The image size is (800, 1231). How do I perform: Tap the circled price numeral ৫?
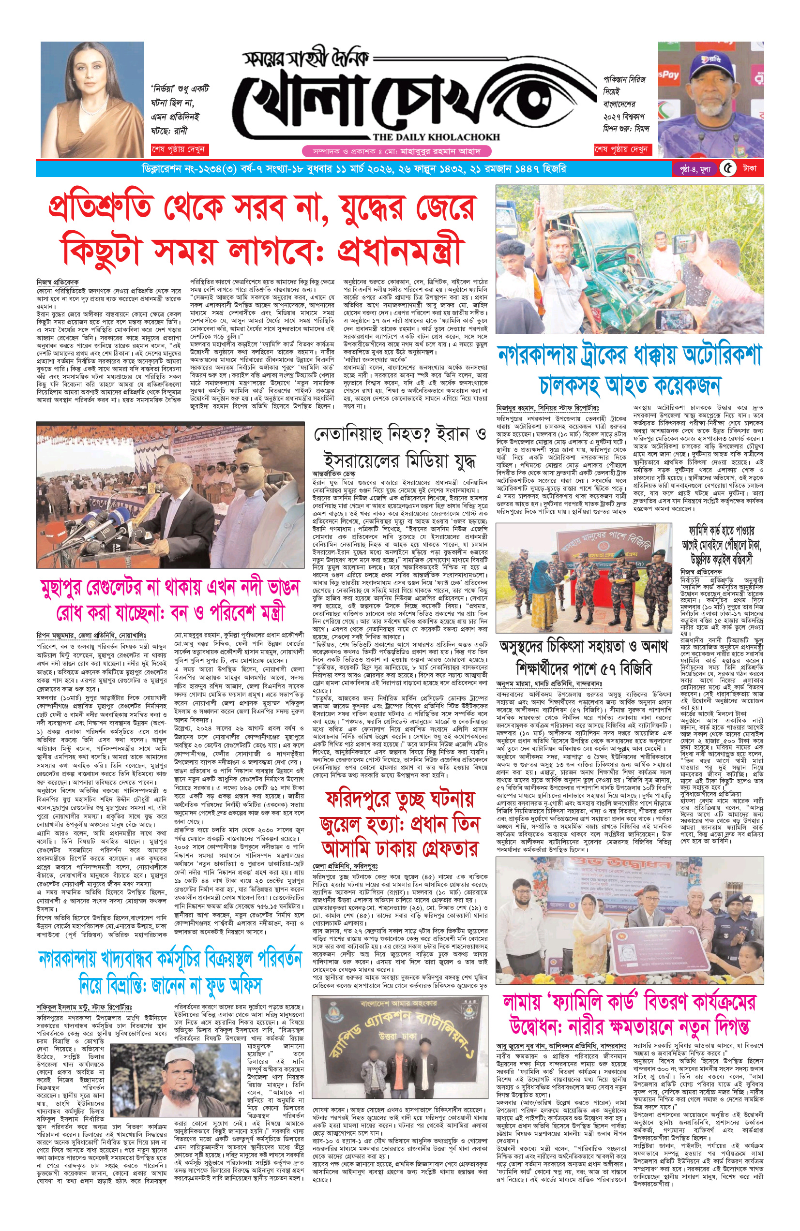pos(728,169)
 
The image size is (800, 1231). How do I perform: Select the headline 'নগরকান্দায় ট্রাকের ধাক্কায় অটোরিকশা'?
pos(629,355)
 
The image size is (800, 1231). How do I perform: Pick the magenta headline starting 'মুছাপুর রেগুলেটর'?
pos(170,587)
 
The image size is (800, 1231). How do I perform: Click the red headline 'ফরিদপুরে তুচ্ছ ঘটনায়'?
pos(399,799)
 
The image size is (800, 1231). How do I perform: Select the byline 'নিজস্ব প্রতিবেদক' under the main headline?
pos(58,282)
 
